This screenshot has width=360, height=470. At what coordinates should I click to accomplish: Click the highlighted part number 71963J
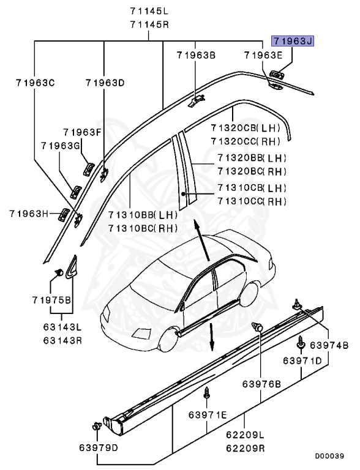[293, 42]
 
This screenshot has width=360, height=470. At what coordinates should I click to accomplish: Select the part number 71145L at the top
[149, 12]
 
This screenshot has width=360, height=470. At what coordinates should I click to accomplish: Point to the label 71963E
[263, 55]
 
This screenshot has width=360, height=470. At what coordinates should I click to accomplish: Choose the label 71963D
[105, 82]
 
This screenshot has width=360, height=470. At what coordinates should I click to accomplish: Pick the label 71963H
[29, 213]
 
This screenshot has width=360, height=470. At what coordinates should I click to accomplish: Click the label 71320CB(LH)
[245, 129]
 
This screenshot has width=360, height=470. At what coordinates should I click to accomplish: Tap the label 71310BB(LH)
[143, 215]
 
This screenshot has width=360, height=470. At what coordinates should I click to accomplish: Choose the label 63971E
[208, 416]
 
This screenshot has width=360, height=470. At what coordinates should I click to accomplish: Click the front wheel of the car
[165, 340]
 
